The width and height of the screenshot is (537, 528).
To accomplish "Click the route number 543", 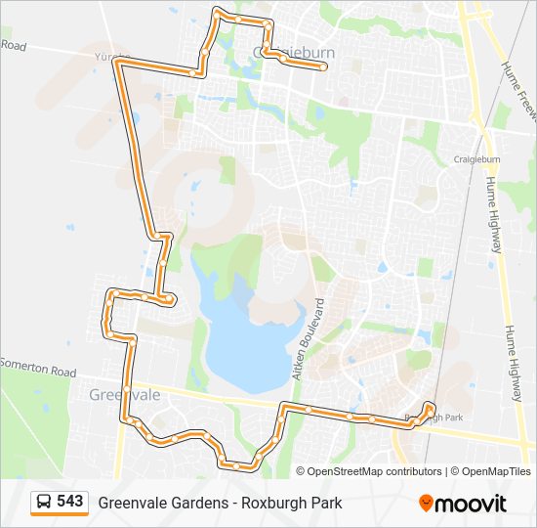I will (69, 502).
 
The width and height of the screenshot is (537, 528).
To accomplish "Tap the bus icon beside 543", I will (44, 503).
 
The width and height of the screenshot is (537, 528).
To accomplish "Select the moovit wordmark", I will (472, 504).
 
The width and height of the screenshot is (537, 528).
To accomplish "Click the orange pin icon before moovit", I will (426, 503).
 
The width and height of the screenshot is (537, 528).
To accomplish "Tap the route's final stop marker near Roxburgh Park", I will (430, 406).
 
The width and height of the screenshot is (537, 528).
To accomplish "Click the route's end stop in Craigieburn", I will (323, 67).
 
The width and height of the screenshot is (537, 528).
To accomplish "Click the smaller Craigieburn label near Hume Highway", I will (476, 158).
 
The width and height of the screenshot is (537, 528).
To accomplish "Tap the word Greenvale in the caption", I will (130, 503).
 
